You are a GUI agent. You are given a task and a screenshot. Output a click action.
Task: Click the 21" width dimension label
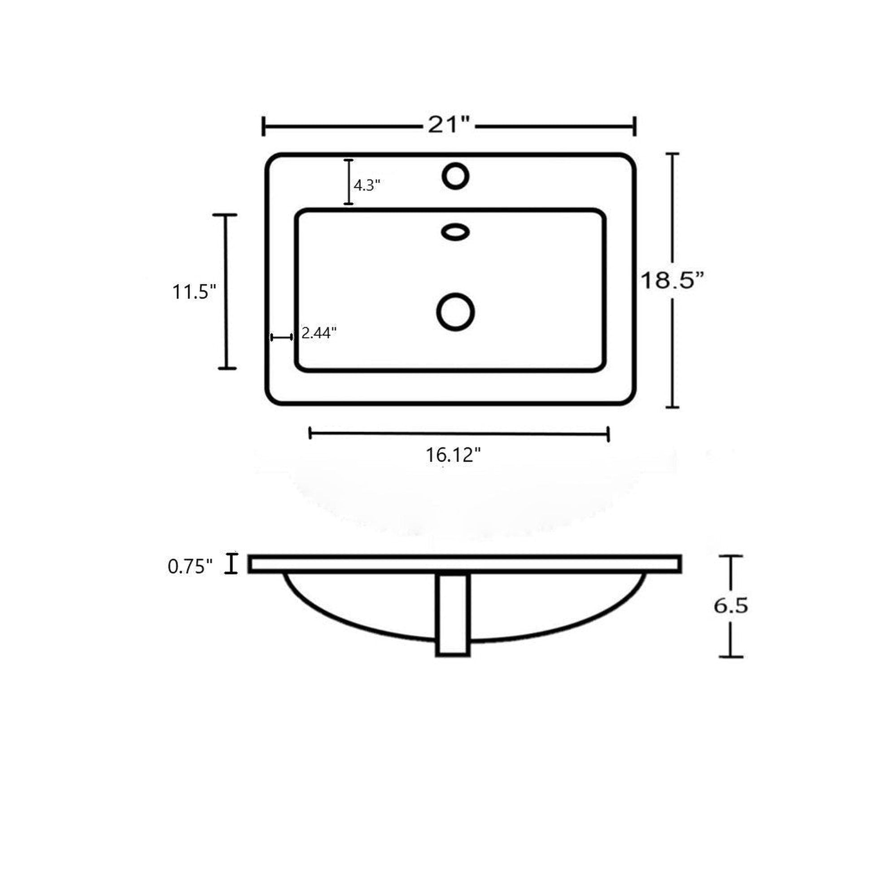click(x=450, y=125)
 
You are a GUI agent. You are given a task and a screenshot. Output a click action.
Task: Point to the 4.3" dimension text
click(x=367, y=185)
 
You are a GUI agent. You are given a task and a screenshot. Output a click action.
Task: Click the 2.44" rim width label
click(x=319, y=333)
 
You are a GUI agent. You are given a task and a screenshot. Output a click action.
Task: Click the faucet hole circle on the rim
click(x=455, y=176)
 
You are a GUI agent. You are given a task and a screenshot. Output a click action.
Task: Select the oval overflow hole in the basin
click(x=455, y=232)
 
